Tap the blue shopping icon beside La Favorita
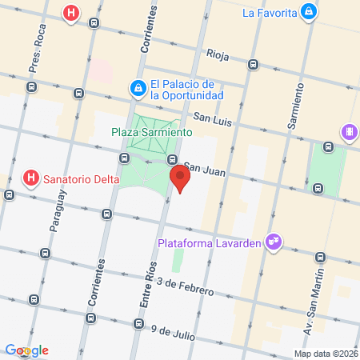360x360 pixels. coord(308,12)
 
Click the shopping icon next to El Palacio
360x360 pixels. coord(138,86)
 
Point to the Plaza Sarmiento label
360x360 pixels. coord(152,131)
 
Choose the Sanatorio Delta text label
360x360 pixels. coord(81,178)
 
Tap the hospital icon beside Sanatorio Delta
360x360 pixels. coord(31,178)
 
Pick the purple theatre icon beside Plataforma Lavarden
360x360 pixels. coord(274,240)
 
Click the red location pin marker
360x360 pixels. coord(179,179)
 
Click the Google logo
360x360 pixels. coord(27,350)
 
